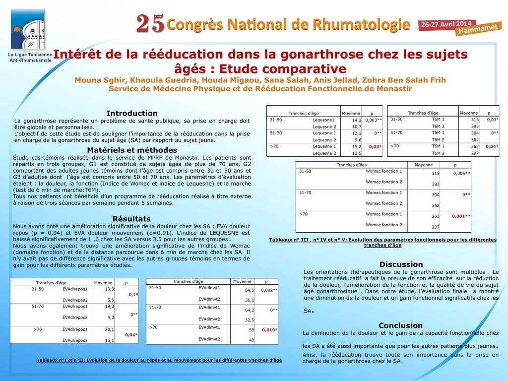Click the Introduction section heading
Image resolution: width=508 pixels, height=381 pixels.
pyautogui.click(x=132, y=113)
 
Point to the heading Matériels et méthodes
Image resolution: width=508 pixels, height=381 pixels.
pyautogui.click(x=132, y=150)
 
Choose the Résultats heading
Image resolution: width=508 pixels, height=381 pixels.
pyautogui.click(x=131, y=218)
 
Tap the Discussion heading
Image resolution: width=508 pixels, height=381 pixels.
pyautogui.click(x=401, y=264)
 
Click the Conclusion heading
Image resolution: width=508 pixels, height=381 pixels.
pyautogui.click(x=400, y=325)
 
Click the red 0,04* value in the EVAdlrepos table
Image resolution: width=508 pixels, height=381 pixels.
pyautogui.click(x=131, y=334)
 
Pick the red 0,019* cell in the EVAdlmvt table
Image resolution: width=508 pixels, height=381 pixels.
pyautogui.click(x=269, y=329)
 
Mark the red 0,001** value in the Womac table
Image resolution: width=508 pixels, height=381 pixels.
pyautogui.click(x=461, y=216)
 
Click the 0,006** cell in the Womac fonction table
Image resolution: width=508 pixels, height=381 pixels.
pyautogui.click(x=461, y=173)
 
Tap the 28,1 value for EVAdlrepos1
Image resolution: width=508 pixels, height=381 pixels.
pyautogui.click(x=110, y=329)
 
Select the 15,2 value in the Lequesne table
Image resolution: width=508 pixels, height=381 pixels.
pyautogui.click(x=356, y=146)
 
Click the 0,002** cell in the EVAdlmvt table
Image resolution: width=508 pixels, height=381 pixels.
pyautogui.click(x=269, y=290)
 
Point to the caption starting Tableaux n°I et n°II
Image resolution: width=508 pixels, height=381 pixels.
pyautogui.click(x=159, y=360)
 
